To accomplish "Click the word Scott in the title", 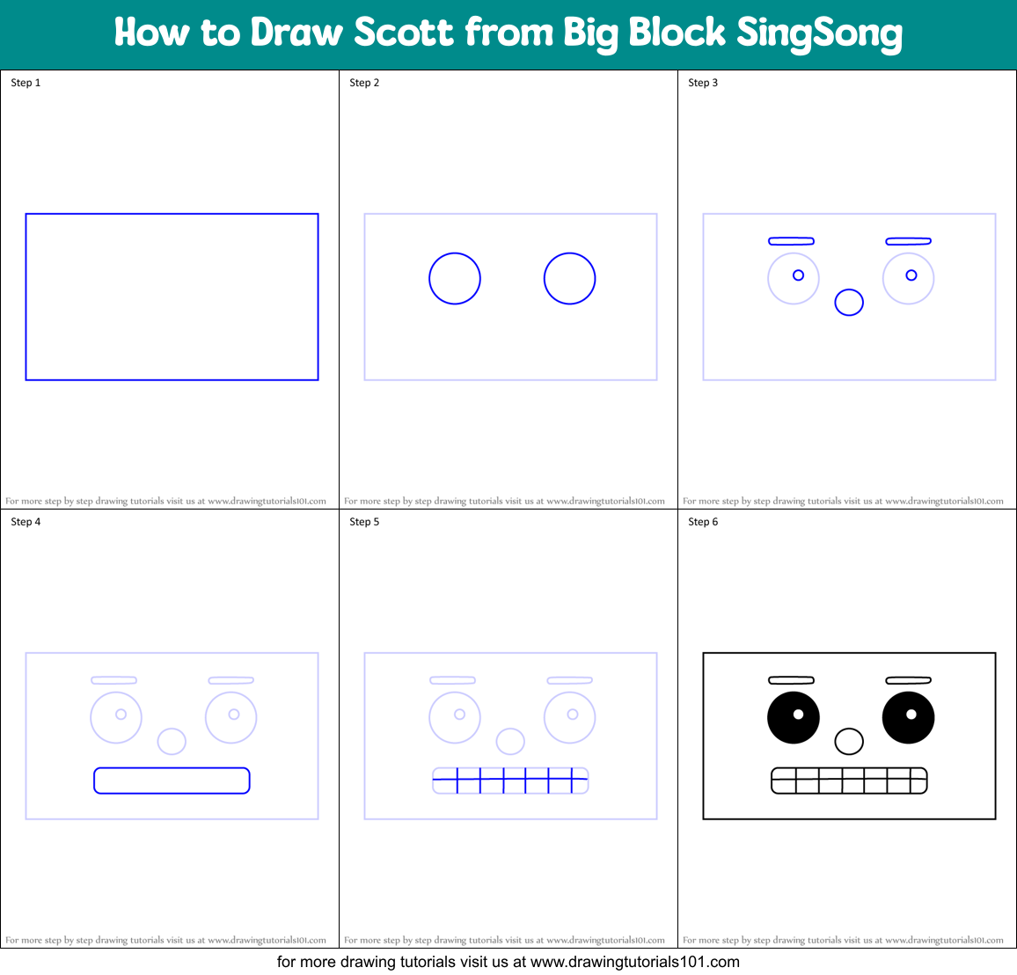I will pos(404,33).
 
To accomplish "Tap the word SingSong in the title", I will pos(819,33).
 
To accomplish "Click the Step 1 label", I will pos(26,83).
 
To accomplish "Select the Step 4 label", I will pos(26,522).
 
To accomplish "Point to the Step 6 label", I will pos(703,522).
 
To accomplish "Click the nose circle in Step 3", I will pos(849,303).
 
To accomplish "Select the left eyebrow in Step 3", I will pos(791,241).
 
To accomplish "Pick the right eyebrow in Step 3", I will pos(908,241).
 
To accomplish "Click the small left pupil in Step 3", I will pos(798,275).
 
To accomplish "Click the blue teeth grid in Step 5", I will pos(510,781).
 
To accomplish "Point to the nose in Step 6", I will pos(849,741).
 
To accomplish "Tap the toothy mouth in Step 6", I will pos(849,781).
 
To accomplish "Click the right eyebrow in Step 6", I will pos(908,680).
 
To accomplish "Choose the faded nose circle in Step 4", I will pos(172,741).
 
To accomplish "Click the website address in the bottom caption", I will pos(635,962).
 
